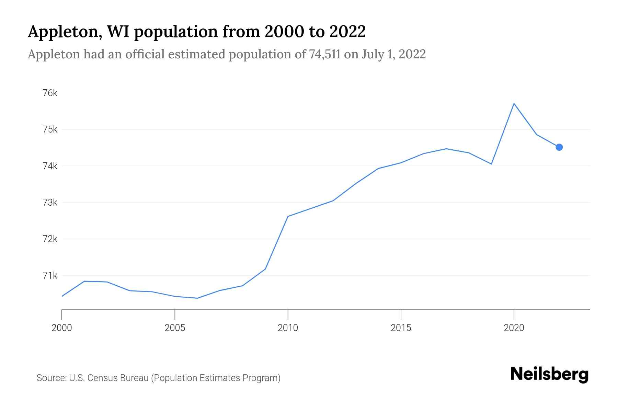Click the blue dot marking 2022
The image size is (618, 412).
(x=559, y=147)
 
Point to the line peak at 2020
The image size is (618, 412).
(x=514, y=103)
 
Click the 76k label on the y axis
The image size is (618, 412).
(x=50, y=93)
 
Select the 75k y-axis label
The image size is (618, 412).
(x=50, y=129)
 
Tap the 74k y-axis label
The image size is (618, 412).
(x=50, y=166)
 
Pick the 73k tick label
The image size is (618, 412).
(x=50, y=203)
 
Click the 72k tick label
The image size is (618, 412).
(x=50, y=239)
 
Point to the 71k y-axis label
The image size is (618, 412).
(x=50, y=275)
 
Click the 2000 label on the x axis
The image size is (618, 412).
(x=62, y=328)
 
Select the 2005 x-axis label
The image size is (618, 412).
(x=175, y=328)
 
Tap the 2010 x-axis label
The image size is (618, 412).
(x=288, y=328)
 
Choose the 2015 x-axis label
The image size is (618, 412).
(x=401, y=328)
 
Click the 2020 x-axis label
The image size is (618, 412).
(x=514, y=328)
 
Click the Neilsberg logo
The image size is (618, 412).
(x=549, y=374)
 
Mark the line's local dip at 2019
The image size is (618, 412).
(x=491, y=164)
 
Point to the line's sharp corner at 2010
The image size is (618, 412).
(x=288, y=216)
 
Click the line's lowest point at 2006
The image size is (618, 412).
(x=197, y=298)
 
